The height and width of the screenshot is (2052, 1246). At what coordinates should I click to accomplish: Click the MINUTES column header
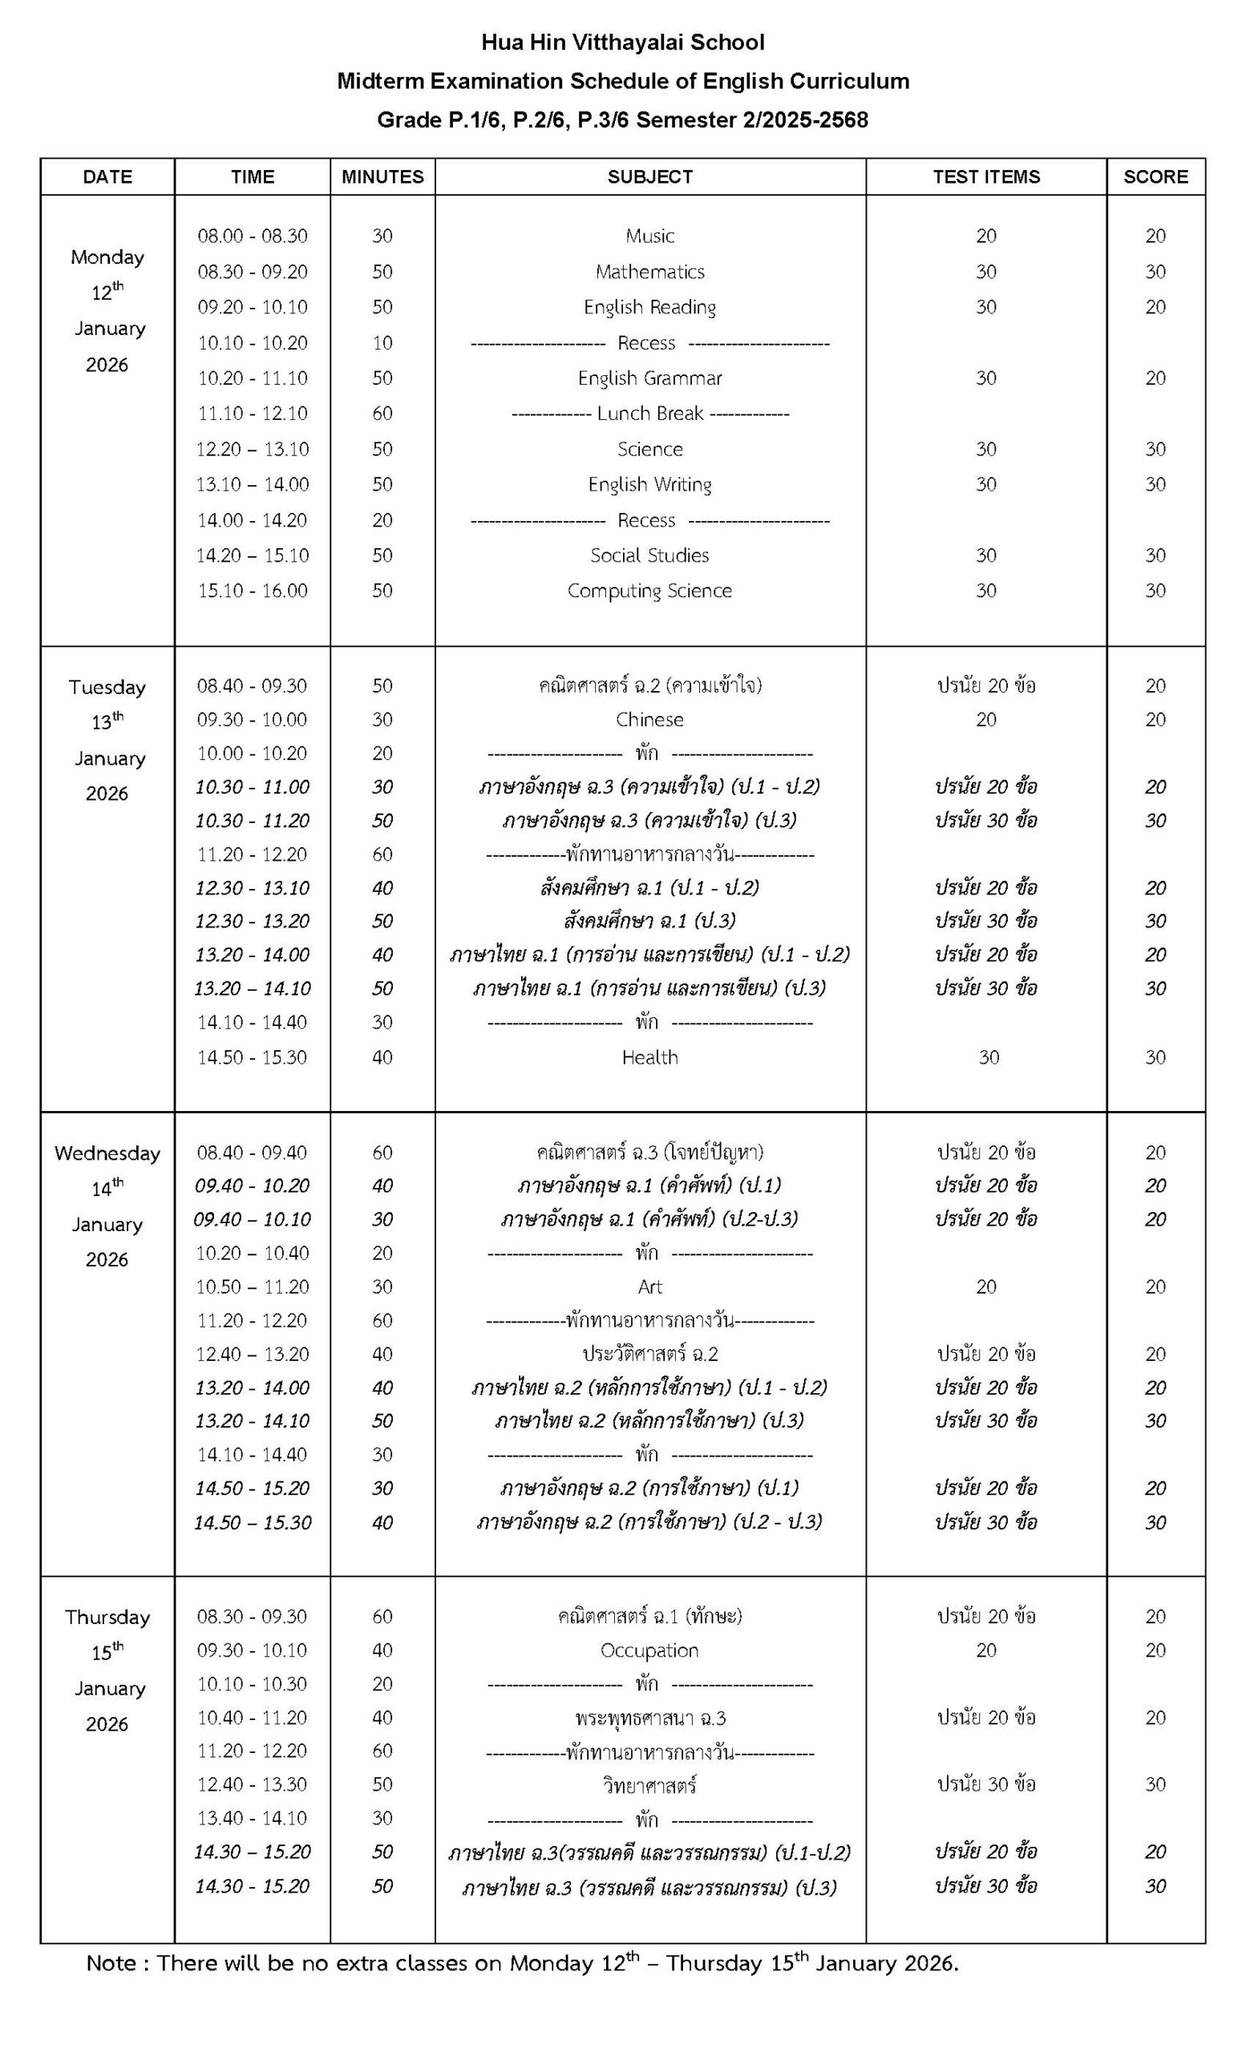[382, 176]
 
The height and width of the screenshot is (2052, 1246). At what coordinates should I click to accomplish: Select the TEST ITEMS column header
[986, 176]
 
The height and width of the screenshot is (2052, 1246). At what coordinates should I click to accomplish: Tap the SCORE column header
[1155, 176]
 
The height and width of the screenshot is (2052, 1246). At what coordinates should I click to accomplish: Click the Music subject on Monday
[649, 236]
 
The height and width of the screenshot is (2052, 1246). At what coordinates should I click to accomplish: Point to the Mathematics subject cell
[649, 272]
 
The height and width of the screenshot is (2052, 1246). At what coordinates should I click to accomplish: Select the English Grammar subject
[649, 378]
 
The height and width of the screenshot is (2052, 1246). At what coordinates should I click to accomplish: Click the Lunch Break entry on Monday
[649, 413]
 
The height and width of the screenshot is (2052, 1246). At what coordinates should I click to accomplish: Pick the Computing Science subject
[649, 591]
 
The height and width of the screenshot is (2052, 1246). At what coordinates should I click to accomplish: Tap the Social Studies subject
[649, 555]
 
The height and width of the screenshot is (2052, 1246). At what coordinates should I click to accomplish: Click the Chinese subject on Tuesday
[649, 720]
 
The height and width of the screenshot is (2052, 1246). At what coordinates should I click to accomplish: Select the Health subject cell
[649, 1056]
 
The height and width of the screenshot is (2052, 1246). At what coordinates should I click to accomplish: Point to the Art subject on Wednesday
[649, 1287]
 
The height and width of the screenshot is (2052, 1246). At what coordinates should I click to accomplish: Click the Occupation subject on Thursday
[649, 1650]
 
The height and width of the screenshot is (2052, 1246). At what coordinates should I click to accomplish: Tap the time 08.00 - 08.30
[253, 236]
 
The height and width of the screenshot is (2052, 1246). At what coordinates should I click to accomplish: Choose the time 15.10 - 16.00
[253, 591]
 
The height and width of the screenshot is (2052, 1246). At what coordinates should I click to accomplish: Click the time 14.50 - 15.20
[253, 1489]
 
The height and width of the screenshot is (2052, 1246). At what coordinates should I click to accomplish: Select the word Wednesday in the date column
[107, 1153]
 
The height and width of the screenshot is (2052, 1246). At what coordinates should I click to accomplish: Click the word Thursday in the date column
[107, 1618]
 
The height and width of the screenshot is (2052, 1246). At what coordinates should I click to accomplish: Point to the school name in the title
[622, 42]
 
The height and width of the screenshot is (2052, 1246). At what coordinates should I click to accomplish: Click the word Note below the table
[110, 1964]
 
